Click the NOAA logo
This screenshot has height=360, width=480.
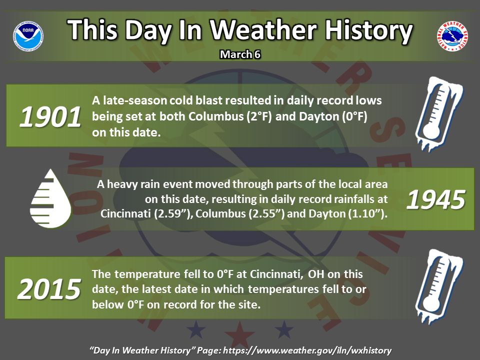coord(28,36)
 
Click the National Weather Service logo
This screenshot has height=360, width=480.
coord(452,36)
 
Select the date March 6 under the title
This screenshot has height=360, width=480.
coord(240,54)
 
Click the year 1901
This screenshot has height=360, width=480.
coord(50,116)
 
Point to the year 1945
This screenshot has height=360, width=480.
coord(436,199)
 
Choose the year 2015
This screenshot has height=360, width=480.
coord(49,289)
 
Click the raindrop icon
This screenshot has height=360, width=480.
coord(50,198)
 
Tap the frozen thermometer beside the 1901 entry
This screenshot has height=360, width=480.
coord(439,114)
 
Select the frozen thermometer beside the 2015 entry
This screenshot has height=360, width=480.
coord(439,286)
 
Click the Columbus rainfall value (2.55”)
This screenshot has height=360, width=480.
coord(266,213)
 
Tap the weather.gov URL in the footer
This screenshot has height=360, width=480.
coord(307,350)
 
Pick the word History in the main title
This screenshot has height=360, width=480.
coord(368,31)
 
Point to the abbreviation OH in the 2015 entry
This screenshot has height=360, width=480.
coord(316,274)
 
